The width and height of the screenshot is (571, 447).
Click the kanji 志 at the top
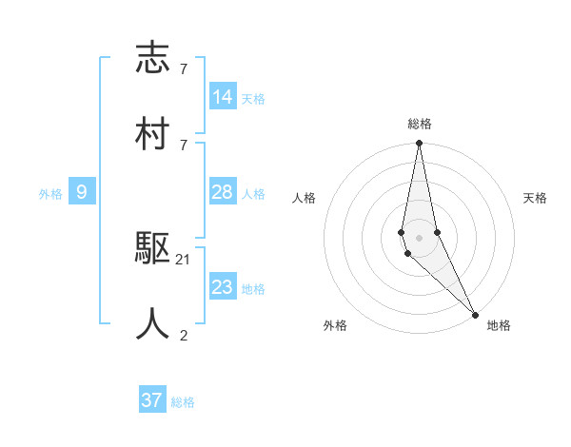152,58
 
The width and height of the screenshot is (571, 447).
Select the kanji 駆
152,250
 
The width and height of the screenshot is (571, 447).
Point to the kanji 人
152,324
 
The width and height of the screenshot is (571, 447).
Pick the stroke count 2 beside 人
184,334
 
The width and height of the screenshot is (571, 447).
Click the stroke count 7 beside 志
184,68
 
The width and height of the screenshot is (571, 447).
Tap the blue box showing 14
223,97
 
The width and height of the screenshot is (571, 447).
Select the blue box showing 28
223,192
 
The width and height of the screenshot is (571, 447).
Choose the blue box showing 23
223,287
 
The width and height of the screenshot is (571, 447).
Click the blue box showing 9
82,192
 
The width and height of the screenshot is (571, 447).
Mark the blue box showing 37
152,400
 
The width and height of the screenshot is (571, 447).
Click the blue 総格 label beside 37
183,402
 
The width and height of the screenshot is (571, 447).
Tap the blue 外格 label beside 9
50,194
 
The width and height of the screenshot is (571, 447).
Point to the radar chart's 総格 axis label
420,124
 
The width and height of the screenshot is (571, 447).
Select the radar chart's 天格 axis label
536,198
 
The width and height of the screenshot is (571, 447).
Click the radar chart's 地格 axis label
499,325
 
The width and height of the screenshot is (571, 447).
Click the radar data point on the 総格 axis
419,144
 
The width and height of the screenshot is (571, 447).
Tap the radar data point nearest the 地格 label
474,313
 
